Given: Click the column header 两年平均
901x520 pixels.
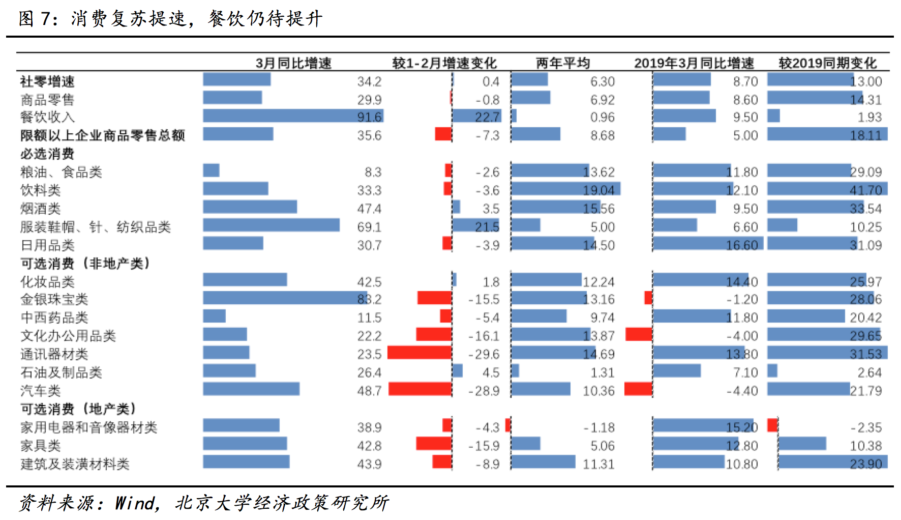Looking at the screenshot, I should coord(562,63).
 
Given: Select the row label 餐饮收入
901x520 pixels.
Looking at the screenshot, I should coord(47,117).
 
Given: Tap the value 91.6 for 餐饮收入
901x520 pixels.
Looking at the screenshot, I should coord(369,117).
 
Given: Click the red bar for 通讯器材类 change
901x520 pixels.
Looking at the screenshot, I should coord(419,353).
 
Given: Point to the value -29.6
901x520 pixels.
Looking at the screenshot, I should coord(484,354).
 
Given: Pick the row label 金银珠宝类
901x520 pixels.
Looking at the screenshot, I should coord(54,299).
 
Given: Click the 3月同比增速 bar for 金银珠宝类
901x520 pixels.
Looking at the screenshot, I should coord(285,298).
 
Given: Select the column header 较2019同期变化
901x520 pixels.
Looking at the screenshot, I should coord(827,63).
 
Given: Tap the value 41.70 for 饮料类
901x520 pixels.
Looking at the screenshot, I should coord(865,190).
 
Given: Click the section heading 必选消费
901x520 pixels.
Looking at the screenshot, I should coord(47,154).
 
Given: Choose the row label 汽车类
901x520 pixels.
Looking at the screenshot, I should coord(41,391).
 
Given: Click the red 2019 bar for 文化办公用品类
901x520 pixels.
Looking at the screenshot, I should coord(639,334).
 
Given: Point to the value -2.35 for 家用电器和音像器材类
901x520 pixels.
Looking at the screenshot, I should coord(866,427).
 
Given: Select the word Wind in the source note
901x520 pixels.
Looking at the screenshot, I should coord(135,503).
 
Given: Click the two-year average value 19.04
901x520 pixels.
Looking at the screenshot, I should coord(598,190).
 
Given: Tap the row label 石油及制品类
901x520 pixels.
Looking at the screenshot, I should coord(61,372).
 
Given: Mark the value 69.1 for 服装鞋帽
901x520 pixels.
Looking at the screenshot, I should coord(369,227).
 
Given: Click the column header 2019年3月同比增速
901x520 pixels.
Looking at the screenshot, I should coord(694,63).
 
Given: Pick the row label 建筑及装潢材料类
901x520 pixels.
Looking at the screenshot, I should coord(75,464).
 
